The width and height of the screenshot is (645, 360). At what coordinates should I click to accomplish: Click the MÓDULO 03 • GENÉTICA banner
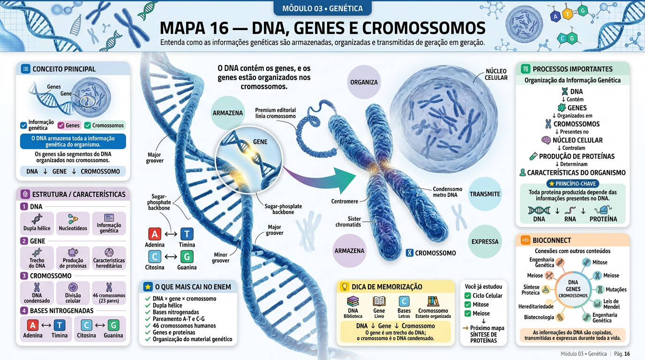click(322, 8)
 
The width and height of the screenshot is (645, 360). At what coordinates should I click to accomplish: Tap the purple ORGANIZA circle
click(364, 82)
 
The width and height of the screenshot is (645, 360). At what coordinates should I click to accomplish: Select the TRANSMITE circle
click(485, 194)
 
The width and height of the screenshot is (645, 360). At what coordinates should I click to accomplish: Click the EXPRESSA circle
click(485, 241)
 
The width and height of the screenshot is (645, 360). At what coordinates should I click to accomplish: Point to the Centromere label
click(345, 201)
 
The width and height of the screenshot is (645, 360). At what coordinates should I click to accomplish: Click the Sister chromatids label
click(348, 222)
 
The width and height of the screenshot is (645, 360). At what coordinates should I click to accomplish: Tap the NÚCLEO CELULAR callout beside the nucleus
click(496, 75)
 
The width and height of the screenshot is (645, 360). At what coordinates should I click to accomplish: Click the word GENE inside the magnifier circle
click(260, 142)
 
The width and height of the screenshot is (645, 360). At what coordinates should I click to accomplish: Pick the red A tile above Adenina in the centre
click(155, 234)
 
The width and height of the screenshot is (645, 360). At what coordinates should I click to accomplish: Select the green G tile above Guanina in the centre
click(187, 256)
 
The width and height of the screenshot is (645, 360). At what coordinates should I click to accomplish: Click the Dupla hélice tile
click(37, 223)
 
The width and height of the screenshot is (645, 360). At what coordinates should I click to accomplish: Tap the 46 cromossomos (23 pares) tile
click(109, 292)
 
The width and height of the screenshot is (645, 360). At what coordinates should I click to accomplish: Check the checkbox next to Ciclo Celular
click(468, 296)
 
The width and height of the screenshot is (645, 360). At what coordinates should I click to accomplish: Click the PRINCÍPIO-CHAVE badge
click(573, 183)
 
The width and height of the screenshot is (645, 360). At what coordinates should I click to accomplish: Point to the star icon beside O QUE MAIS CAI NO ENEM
click(148, 286)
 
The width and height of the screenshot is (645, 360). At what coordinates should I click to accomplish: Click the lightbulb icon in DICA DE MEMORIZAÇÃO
click(345, 286)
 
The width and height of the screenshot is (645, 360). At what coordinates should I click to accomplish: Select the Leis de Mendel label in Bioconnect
click(611, 304)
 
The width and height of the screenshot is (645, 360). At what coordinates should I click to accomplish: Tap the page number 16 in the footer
click(627, 353)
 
